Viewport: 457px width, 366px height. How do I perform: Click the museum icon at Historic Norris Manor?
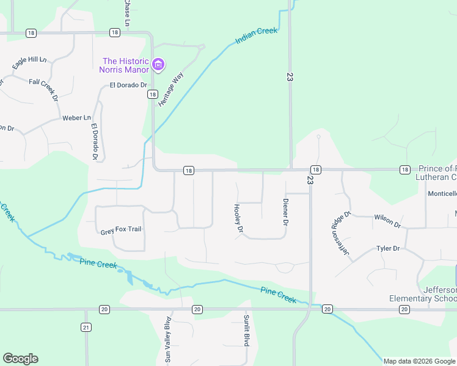tap(158, 64)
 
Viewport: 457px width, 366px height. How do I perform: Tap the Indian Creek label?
tap(257, 36)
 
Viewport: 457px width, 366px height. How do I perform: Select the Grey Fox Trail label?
tap(121, 231)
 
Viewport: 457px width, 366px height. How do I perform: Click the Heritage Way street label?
tap(171, 90)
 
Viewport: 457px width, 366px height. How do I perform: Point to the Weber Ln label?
tap(76, 118)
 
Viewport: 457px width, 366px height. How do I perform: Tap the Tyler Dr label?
tap(387, 248)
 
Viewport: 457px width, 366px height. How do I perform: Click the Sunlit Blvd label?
tap(247, 331)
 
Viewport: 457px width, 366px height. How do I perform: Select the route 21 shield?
tap(86, 328)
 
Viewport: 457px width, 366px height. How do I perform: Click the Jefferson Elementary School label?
tap(423, 294)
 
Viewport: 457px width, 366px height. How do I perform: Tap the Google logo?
tap(20, 359)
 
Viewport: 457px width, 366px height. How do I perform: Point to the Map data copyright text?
tap(420, 361)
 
